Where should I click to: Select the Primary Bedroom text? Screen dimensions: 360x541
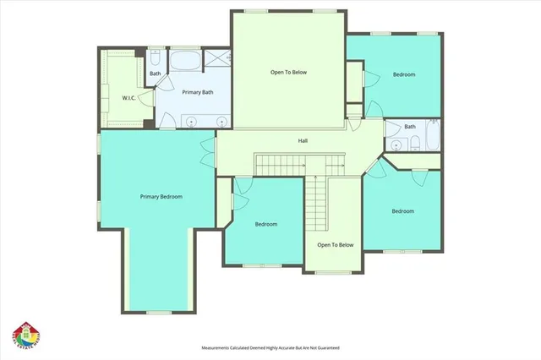click(161, 197)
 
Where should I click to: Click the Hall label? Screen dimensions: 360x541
click(302, 140)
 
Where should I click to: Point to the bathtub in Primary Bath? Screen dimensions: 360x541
click(184, 61)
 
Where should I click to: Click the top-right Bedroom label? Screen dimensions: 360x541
click(404, 75)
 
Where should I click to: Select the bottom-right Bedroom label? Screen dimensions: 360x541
click(402, 211)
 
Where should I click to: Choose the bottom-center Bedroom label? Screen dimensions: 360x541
click(266, 224)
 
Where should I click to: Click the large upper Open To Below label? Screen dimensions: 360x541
click(288, 73)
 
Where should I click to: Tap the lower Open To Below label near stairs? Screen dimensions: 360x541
click(335, 245)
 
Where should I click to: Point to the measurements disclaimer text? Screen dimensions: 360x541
click(270, 347)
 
